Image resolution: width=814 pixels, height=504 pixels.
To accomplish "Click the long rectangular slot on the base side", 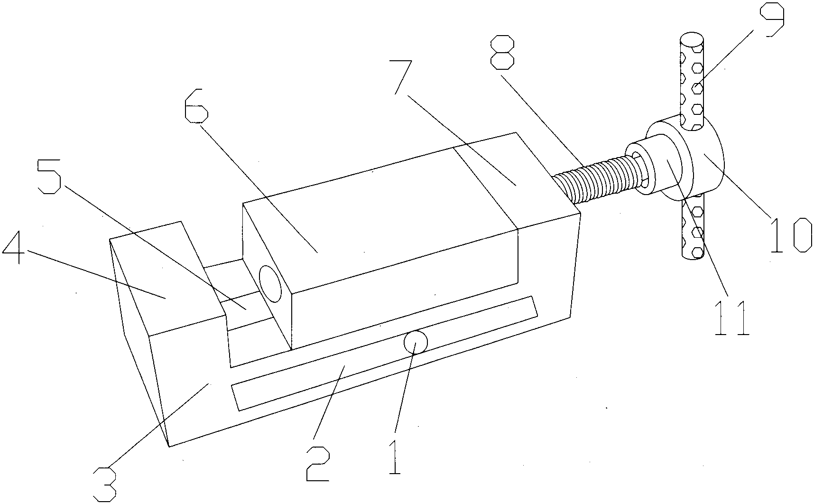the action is point(384,353).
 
